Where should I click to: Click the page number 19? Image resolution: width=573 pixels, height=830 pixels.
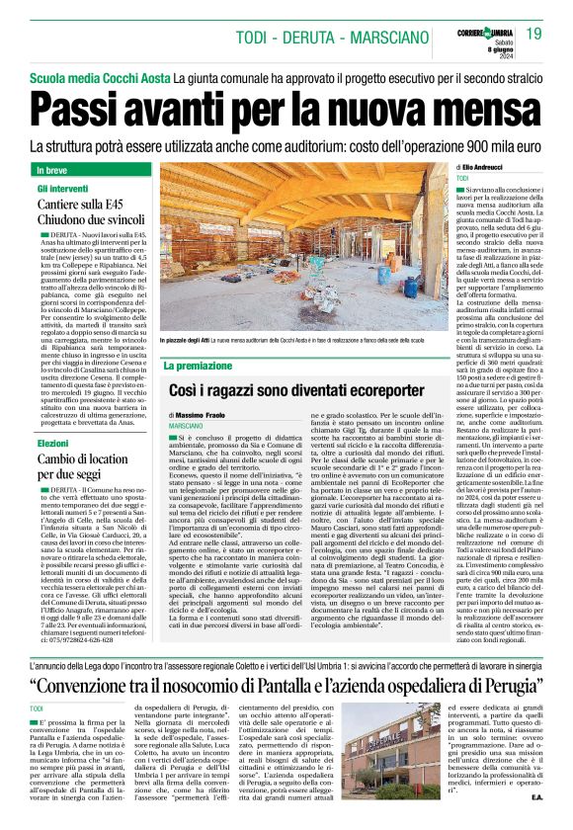(x=533, y=35)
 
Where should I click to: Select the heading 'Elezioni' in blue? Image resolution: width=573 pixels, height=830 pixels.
(x=53, y=444)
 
